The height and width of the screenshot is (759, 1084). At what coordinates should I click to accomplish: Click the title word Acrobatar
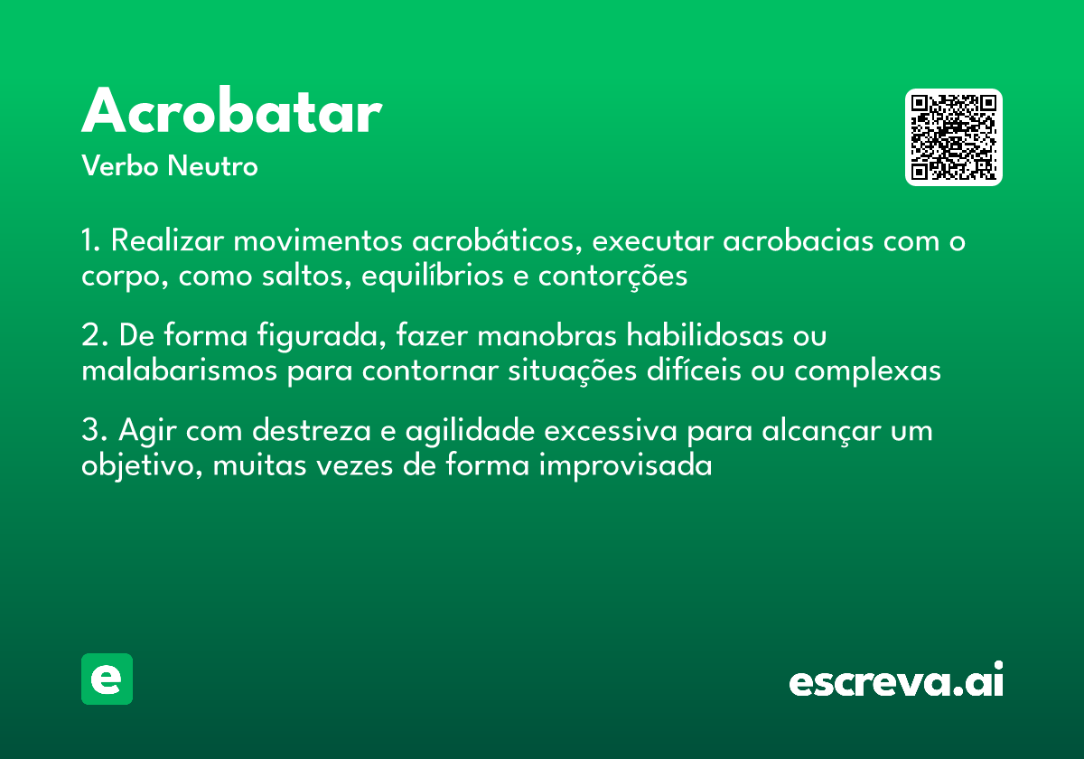(231, 112)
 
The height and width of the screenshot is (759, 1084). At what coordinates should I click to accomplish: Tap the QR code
(954, 137)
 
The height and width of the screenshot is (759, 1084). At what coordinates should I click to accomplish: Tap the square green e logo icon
(107, 679)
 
